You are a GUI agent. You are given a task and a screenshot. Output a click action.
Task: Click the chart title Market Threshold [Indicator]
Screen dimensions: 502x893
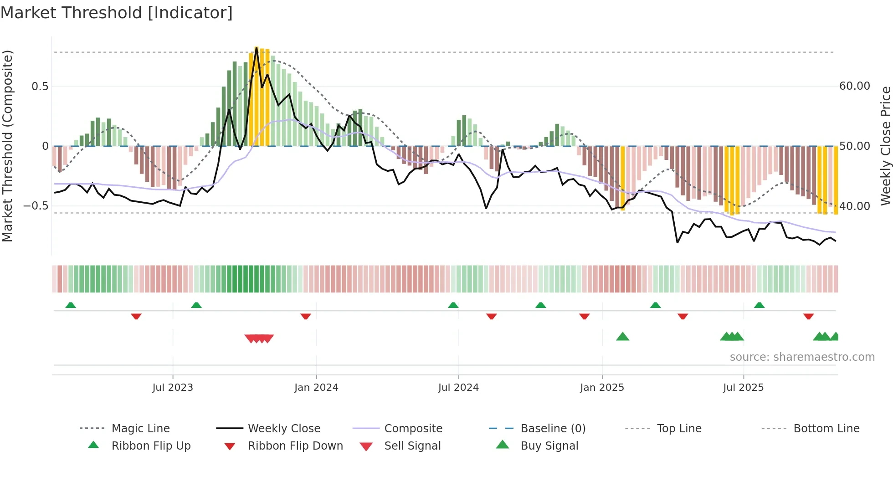point(117,13)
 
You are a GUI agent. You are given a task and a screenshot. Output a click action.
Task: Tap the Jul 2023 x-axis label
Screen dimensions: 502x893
point(173,388)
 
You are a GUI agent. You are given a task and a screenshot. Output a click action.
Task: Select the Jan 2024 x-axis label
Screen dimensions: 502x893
point(316,388)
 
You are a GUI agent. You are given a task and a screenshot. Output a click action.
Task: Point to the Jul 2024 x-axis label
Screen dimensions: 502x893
point(458,388)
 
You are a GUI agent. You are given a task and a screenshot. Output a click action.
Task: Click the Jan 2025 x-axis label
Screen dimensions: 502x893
point(602,388)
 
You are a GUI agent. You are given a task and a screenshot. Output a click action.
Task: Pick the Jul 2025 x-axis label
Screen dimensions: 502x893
point(743,388)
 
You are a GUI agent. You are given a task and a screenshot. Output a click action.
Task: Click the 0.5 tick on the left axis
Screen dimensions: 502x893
point(40,87)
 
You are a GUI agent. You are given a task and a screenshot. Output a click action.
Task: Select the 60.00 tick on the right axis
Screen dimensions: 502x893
point(855,86)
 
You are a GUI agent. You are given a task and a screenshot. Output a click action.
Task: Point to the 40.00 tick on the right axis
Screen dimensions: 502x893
point(855,206)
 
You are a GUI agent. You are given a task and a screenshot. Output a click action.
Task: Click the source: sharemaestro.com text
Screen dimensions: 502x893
point(802,357)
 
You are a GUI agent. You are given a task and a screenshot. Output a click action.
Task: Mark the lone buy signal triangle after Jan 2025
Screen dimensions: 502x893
point(622,337)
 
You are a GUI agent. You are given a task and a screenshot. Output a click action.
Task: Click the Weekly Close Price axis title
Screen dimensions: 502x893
point(885,146)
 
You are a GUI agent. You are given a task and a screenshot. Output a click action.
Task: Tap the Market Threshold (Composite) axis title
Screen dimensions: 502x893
point(8,146)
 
